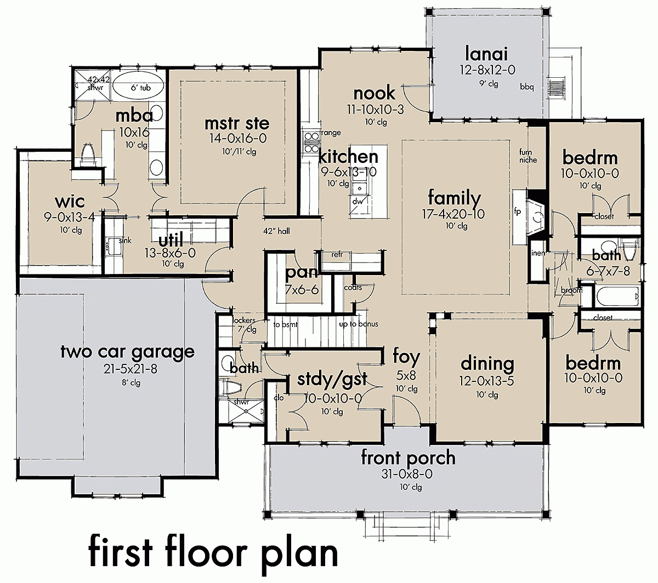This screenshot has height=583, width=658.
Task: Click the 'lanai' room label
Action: pyautogui.click(x=486, y=54)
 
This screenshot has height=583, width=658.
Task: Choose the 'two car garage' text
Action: pyautogui.click(x=127, y=351)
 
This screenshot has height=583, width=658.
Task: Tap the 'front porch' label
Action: pyautogui.click(x=408, y=458)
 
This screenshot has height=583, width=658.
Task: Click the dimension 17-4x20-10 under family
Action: pyautogui.click(x=455, y=214)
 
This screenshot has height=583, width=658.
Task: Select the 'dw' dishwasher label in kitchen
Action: pyautogui.click(x=358, y=202)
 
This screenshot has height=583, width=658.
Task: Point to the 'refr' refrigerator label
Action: pyautogui.click(x=337, y=254)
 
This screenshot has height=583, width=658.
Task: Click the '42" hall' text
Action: pyautogui.click(x=276, y=231)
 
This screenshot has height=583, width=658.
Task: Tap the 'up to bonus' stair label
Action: pyautogui.click(x=359, y=324)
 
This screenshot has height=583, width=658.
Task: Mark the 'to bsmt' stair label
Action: pyautogui.click(x=285, y=324)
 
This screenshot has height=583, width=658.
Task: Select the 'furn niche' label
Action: pyautogui.click(x=528, y=156)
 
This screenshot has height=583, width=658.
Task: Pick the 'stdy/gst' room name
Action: pyautogui.click(x=332, y=379)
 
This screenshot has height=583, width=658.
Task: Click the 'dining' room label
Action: pyautogui.click(x=487, y=363)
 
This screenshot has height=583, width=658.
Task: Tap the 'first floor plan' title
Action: pyautogui.click(x=213, y=555)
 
